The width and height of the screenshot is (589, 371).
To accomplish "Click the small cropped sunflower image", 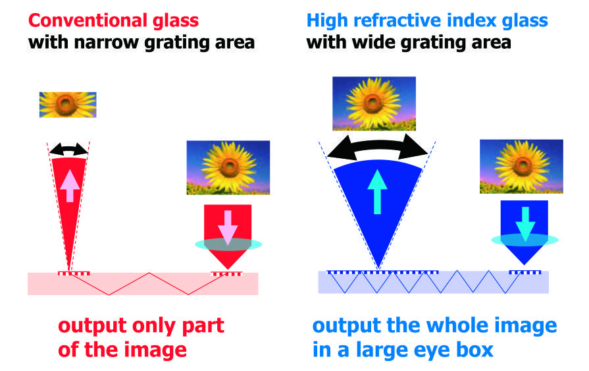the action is coord(68,105).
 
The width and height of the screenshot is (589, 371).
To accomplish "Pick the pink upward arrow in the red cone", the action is coord(70,186).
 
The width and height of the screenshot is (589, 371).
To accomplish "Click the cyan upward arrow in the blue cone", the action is coord(377,192).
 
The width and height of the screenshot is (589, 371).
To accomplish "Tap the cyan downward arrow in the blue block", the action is coord(525,224).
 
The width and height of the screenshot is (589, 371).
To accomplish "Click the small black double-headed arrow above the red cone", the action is coord(68,149).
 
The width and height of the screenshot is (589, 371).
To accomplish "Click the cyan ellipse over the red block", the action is coord(228,244).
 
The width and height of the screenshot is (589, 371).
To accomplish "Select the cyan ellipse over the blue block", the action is coord(525,240).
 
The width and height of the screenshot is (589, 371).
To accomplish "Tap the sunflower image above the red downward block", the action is coord(228,168).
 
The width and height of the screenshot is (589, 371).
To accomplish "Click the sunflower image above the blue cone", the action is coord(374,104).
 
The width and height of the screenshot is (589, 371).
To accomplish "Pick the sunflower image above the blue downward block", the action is coord(521,166).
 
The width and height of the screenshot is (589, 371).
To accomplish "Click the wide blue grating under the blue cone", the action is coord(383,272).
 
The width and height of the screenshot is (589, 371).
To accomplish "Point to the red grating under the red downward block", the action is coord(226,273).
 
